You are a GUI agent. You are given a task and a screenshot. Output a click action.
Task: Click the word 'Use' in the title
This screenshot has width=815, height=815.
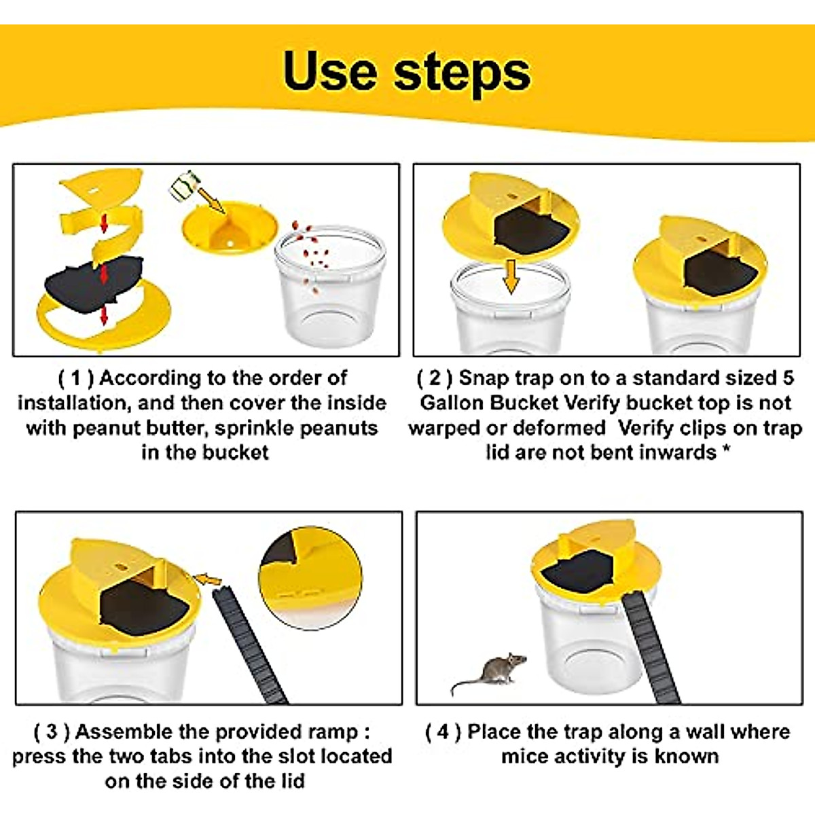tap(330, 71)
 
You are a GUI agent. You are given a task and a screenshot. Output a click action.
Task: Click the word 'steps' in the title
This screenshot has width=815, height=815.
tap(463, 75)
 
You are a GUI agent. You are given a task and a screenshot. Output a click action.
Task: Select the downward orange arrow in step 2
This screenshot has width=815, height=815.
tap(511, 276)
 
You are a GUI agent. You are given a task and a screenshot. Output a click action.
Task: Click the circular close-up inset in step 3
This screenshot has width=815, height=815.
tap(310, 578)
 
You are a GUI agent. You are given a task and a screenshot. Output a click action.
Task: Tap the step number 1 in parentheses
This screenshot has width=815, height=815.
tap(76, 378)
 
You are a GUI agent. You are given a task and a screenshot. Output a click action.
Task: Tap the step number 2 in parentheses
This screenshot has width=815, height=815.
tap(435, 378)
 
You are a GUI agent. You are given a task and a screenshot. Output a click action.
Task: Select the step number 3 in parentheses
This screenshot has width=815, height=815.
tap(51, 732)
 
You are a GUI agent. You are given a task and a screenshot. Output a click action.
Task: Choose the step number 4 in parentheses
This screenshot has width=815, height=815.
tap(443, 732)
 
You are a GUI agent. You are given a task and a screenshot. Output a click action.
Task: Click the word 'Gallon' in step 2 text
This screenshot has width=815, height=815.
tap(452, 403)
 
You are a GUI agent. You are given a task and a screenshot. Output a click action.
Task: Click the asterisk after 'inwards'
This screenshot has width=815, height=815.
tap(726, 450)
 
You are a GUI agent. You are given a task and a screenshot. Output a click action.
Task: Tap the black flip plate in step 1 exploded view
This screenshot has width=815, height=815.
tap(94, 285)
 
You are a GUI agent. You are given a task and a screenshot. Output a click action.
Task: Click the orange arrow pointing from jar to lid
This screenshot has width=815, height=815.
tap(211, 200)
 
